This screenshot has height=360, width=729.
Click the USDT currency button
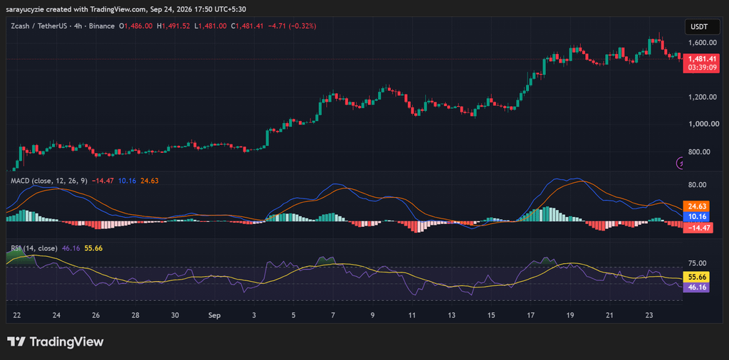click(699, 27)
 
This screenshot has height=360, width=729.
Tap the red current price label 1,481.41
click(698, 59)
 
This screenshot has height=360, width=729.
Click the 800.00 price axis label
click(701, 152)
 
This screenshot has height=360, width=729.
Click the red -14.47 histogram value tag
click(698, 228)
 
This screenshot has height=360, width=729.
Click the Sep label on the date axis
click(214, 315)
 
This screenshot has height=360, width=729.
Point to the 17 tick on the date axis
click(531, 315)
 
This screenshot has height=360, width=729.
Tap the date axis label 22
click(17, 315)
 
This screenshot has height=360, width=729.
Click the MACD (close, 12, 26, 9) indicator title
click(49, 181)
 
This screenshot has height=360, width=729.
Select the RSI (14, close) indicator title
click(34, 248)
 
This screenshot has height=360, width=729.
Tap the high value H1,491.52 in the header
click(174, 26)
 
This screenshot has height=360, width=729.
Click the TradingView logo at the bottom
click(56, 342)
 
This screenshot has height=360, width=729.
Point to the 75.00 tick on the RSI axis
click(701, 263)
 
